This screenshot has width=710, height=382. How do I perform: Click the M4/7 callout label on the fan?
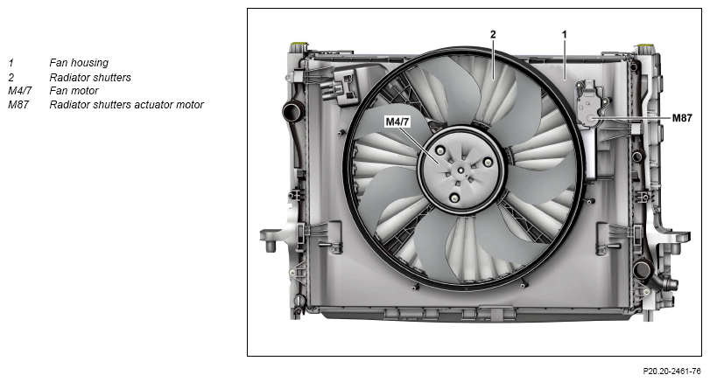coord(397,122)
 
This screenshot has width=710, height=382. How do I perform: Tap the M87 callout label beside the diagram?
coord(682,118)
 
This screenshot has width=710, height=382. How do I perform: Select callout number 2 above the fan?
coord(493,34)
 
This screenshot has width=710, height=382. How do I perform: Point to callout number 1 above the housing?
coord(564,34)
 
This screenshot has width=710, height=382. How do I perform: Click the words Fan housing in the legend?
coord(79,63)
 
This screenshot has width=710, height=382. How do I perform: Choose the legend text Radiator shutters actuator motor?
coord(126,105)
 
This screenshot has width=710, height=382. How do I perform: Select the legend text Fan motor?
coord(74,91)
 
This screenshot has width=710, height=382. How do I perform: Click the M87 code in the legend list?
coord(18,105)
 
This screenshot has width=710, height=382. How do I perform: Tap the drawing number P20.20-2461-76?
coord(671,372)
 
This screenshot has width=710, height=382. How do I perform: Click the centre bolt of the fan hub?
coord(460,170)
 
